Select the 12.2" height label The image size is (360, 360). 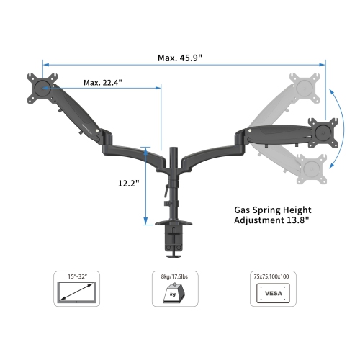coord(128,184)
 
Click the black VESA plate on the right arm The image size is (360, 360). coord(323,130)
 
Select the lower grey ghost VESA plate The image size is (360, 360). coord(310,168)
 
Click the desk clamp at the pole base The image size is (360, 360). coord(174,241)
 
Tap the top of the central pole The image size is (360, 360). coord(174,150)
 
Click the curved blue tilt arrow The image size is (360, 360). coord(337,130)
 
